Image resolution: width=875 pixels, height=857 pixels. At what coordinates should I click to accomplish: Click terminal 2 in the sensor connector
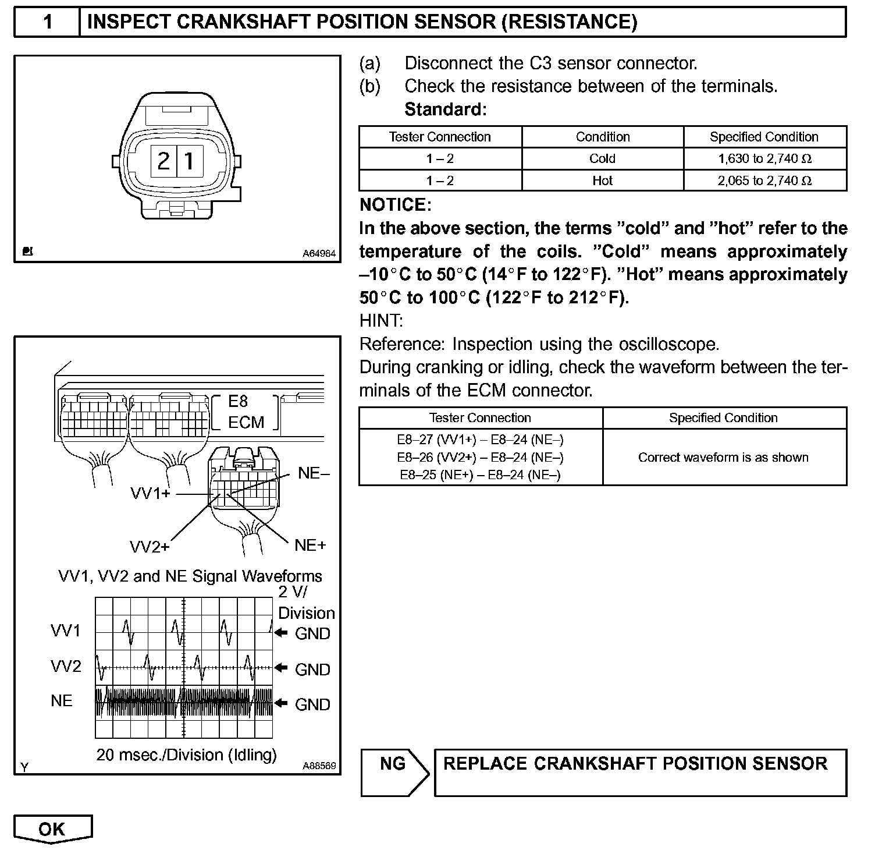163,161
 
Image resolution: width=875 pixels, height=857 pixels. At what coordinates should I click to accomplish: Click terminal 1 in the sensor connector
190,161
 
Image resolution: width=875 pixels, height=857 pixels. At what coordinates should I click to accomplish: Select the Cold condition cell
602,158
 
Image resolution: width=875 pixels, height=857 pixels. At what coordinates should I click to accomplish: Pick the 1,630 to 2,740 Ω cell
764,158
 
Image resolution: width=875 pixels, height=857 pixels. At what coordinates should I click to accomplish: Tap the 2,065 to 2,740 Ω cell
764,180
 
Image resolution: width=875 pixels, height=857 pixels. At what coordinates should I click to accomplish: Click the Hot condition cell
602,180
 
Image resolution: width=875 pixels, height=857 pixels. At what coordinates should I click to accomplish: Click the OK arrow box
52,828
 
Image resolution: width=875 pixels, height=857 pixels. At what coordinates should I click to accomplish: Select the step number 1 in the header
48,22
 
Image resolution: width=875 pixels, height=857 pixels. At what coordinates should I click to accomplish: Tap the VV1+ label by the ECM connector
151,494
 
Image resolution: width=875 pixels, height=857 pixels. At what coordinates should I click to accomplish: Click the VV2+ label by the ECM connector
150,547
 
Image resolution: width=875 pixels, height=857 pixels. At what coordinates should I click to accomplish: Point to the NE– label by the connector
314,473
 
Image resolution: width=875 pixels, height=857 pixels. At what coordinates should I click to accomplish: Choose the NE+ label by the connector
310,545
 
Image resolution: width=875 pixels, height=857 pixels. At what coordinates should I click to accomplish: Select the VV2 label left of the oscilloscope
66,666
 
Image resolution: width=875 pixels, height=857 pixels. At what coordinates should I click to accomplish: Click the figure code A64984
318,254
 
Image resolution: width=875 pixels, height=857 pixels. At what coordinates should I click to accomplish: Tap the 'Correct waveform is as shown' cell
723,457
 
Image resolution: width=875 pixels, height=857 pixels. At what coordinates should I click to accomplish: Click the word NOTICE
395,205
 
